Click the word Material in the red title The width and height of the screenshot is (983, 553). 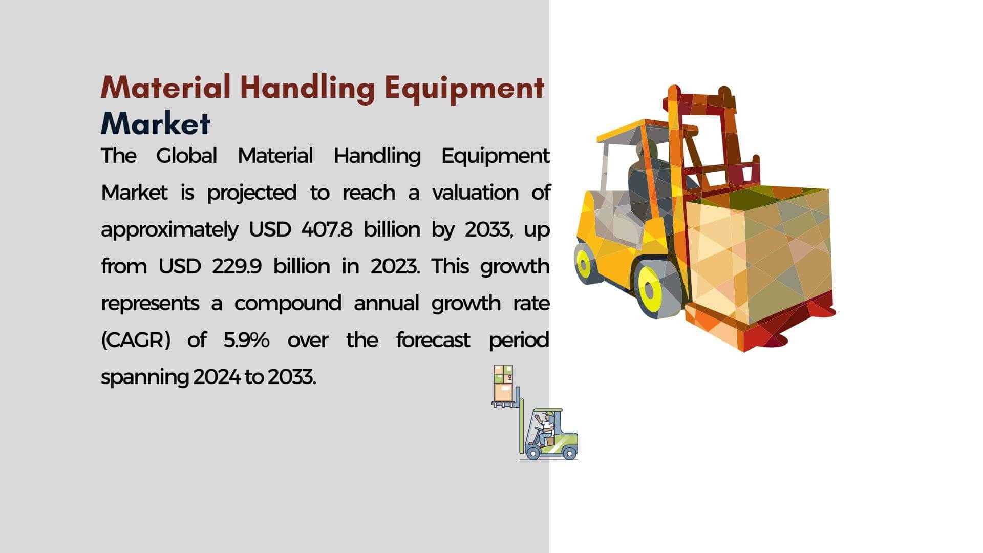tap(165, 87)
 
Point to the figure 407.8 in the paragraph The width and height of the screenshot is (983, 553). tap(327, 229)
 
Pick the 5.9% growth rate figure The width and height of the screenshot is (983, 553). tap(246, 340)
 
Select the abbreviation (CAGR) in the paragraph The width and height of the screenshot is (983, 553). tap(136, 341)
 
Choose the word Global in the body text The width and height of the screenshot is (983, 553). tap(186, 156)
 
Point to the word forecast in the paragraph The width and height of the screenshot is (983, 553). tap(433, 340)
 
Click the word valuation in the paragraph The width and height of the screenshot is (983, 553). tap(476, 193)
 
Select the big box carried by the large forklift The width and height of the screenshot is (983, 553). tap(758, 256)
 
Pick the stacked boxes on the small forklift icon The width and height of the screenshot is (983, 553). tap(503, 384)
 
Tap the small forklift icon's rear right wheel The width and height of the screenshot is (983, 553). tap(569, 453)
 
